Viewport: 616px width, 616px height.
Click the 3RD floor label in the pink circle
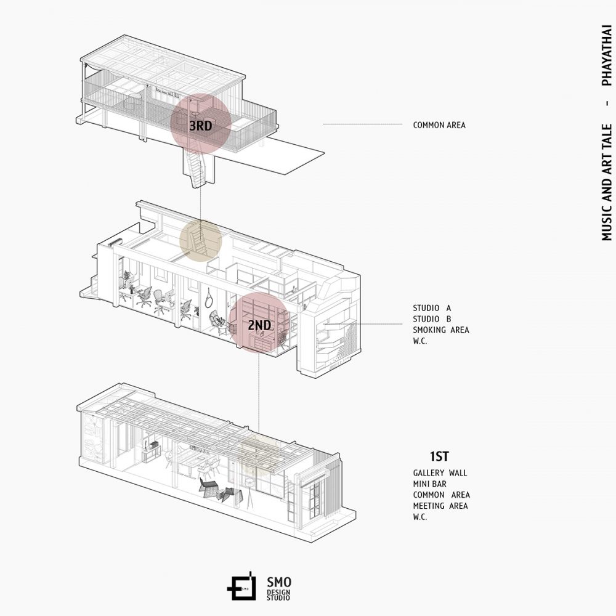coord(201,125)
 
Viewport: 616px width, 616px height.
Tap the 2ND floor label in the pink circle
coord(259,325)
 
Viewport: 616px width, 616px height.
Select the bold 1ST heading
coord(439,456)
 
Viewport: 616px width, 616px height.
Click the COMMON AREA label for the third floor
coord(439,125)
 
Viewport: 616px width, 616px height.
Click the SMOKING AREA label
coord(441,330)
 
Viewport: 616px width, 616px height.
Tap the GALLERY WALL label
coord(440,473)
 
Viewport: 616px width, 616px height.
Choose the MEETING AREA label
coord(440,506)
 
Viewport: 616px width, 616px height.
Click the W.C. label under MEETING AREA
coord(420,517)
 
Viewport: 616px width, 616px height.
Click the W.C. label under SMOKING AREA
coord(420,341)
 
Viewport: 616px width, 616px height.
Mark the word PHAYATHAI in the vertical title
coord(607,56)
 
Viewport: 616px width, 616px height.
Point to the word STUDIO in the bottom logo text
coord(278,598)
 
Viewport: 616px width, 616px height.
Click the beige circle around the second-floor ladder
coord(200,240)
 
